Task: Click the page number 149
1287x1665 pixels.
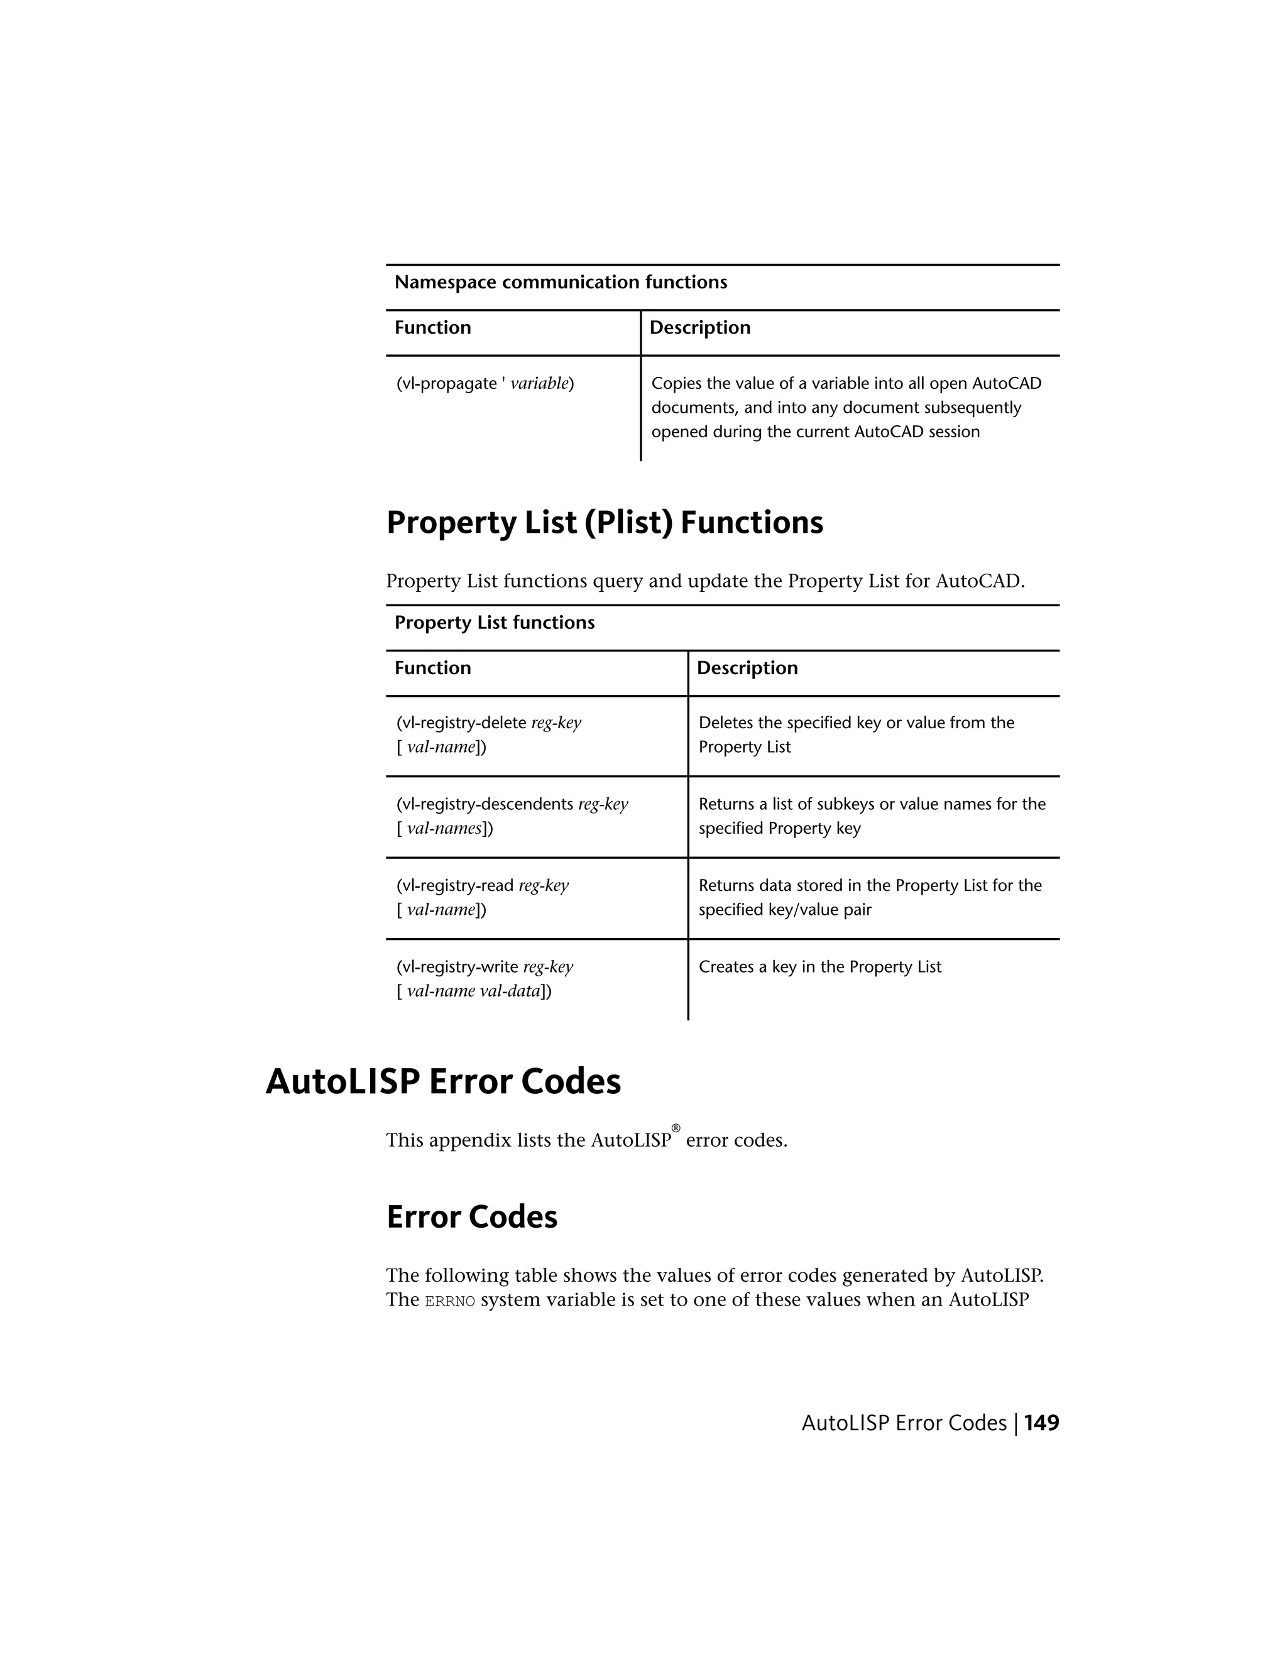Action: [x=1041, y=1422]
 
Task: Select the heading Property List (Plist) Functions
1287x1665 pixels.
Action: [x=604, y=523]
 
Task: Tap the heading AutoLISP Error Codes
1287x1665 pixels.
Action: [x=443, y=1081]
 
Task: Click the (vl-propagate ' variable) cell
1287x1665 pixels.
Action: [x=485, y=383]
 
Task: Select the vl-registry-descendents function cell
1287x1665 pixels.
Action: [x=512, y=816]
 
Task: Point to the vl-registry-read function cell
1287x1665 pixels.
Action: [x=482, y=897]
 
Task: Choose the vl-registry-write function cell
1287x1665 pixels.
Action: [x=484, y=979]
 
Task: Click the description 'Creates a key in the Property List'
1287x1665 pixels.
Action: [x=819, y=967]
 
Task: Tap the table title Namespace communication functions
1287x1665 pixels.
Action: [x=561, y=282]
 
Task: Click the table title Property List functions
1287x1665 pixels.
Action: [x=494, y=623]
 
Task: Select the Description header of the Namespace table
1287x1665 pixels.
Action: [x=699, y=328]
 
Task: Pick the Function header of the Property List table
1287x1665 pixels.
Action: [x=432, y=668]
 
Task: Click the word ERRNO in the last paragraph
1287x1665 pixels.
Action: [x=450, y=1301]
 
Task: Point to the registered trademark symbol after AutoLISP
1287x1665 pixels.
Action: [x=676, y=1128]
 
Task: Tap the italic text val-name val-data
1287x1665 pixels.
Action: [x=473, y=991]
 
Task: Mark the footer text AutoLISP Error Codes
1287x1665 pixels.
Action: [x=904, y=1422]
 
